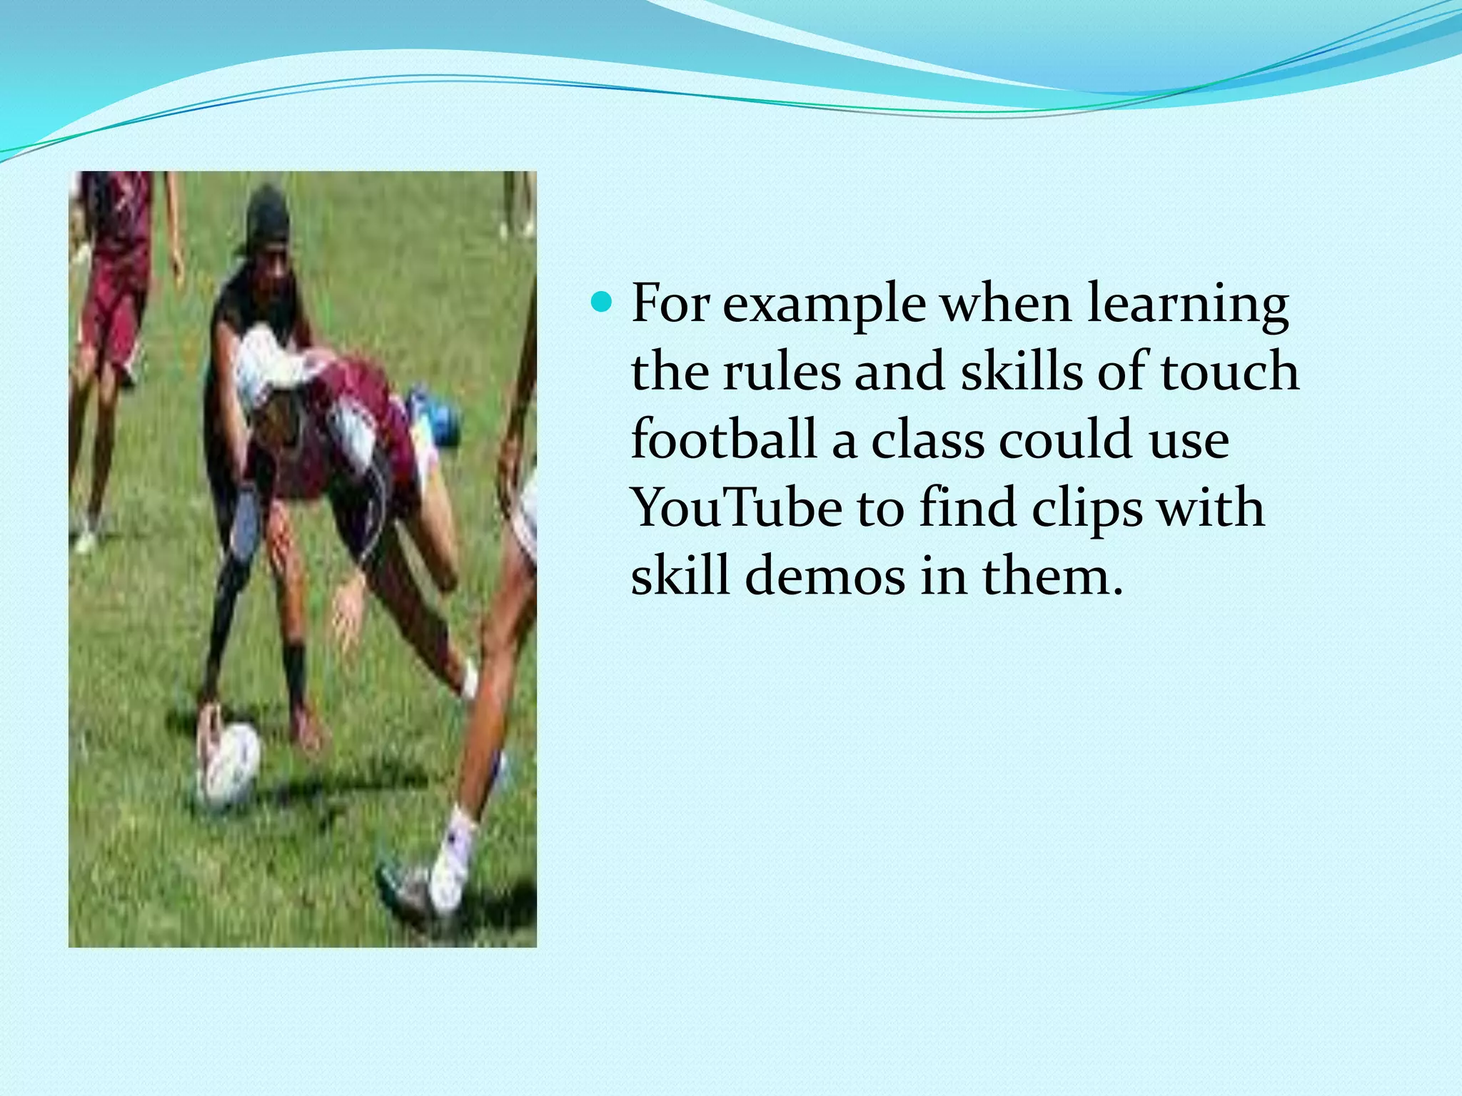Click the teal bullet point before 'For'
[x=603, y=303]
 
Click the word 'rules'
[x=782, y=372]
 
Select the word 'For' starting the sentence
[x=670, y=303]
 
